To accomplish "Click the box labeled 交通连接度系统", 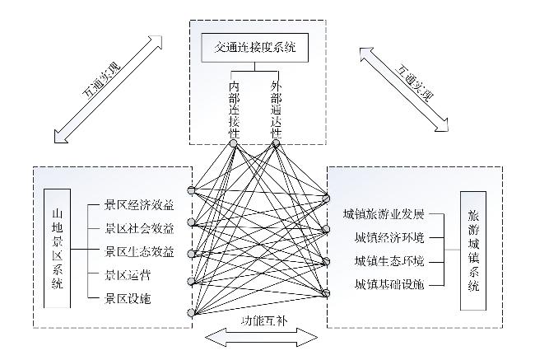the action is coord(255,48).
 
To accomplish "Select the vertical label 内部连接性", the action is coord(234,109).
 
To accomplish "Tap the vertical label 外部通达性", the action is coord(276,109).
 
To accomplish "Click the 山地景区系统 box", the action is coord(58,249).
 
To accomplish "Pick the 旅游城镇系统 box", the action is coord(473,250).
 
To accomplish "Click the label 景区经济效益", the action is coord(139,205).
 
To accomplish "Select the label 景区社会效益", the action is coord(139,228).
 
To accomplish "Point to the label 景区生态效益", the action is coord(139,252).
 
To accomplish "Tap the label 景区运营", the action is coord(128,275).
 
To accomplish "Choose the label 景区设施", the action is coord(128,298).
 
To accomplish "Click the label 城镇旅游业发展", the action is coord(384,214).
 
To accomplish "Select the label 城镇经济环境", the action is coord(389,237).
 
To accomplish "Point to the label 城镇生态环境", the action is coord(389,261).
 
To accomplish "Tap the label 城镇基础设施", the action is coord(389,284).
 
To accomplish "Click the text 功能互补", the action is coord(264,321).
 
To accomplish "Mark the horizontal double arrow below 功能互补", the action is coord(262,338).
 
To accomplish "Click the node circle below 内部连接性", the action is coord(234,143).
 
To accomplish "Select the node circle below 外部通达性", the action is coord(276,143).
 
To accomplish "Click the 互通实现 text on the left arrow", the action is coord(101,81).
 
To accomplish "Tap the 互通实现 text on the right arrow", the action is coord(414,83).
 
